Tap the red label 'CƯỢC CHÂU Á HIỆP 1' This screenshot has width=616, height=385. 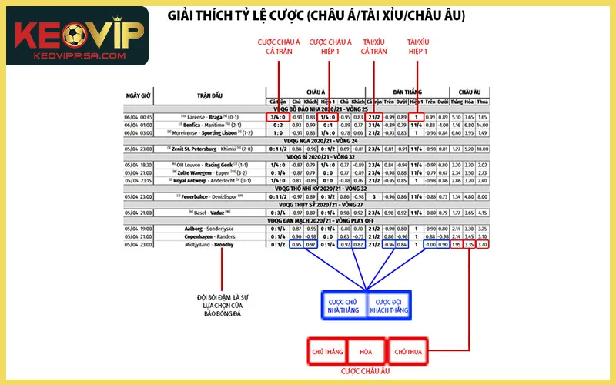330,46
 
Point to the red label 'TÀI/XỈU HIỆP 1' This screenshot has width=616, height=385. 417,46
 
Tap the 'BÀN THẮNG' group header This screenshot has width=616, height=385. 403,91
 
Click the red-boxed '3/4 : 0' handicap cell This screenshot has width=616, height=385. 277,117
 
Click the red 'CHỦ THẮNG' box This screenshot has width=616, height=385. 326,351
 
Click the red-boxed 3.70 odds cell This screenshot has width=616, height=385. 482,244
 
